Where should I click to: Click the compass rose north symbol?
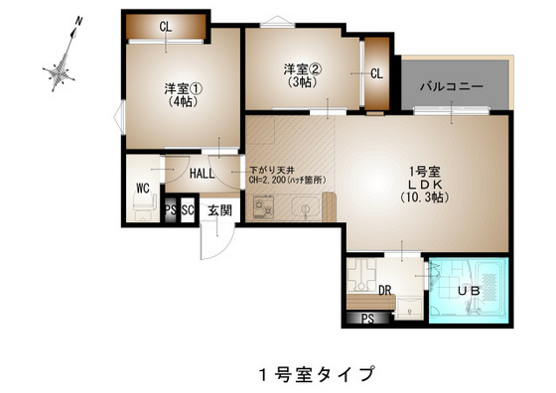pyautogui.click(x=63, y=69)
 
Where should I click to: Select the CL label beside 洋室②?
pyautogui.click(x=377, y=72)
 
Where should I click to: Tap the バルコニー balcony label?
pyautogui.click(x=452, y=87)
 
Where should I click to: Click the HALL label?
pyautogui.click(x=203, y=174)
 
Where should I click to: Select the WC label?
pyautogui.click(x=142, y=186)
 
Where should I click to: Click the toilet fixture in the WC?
pyautogui.click(x=141, y=206)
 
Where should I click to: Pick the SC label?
pyautogui.click(x=187, y=209)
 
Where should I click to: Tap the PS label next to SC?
pyautogui.click(x=170, y=209)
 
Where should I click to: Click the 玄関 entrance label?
pyautogui.click(x=219, y=209)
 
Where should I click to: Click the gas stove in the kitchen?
pyautogui.click(x=265, y=206)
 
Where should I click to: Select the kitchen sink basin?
pyautogui.click(x=305, y=207)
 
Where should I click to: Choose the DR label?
pyautogui.click(x=386, y=291)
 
